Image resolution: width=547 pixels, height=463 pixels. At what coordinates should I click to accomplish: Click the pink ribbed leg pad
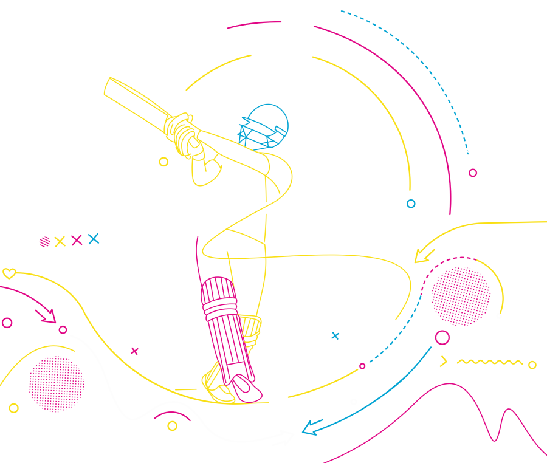(221, 328)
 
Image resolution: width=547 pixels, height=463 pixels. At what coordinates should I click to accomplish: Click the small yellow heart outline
(9, 273)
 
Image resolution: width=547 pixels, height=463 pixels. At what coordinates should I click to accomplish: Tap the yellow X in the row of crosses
(60, 242)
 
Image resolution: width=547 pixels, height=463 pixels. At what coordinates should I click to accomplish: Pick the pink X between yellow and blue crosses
(77, 240)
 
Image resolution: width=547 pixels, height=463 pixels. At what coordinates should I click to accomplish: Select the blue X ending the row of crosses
(93, 239)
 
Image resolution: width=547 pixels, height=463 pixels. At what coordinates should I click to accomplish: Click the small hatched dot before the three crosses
(44, 242)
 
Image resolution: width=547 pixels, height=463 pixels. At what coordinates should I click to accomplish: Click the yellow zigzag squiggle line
(489, 362)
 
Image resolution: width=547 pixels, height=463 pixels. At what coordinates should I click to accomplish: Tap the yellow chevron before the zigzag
(444, 362)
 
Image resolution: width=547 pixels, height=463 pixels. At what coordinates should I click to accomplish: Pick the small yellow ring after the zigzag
(532, 365)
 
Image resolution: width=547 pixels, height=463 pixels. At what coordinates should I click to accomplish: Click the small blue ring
(411, 204)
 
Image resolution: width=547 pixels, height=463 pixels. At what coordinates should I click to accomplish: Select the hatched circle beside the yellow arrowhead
(461, 296)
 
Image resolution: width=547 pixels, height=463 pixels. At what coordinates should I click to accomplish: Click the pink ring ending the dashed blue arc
(473, 173)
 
